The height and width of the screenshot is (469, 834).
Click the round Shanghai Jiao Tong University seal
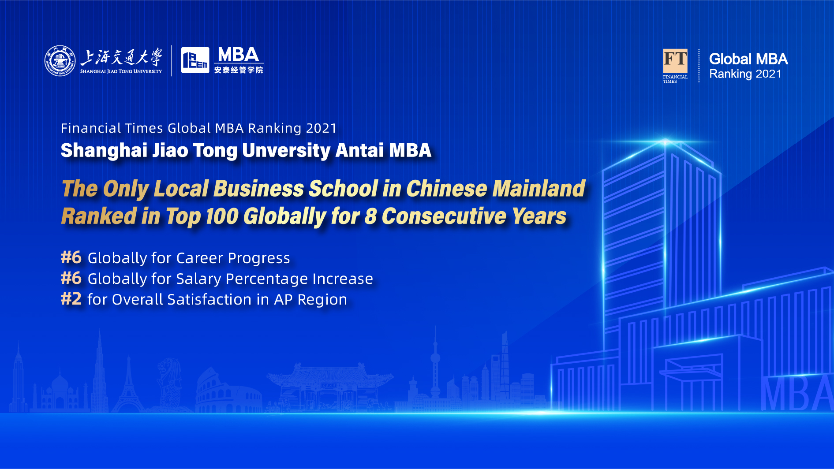tap(60, 61)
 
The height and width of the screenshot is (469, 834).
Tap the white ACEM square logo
tap(195, 60)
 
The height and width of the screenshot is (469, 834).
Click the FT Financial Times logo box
tap(675, 61)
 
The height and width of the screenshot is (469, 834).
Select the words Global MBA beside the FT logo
tap(748, 59)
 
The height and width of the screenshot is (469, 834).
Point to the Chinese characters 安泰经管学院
tap(239, 70)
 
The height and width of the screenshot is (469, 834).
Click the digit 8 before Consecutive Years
tap(370, 216)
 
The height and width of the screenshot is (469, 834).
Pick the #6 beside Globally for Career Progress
tap(71, 257)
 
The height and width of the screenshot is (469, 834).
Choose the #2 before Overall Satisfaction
tap(71, 298)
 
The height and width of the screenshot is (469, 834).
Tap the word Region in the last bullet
tap(322, 300)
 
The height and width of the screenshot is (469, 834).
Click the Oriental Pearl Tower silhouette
tap(435, 370)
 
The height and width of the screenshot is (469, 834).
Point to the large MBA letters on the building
tap(797, 393)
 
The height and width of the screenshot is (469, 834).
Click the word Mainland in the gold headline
tap(539, 189)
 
